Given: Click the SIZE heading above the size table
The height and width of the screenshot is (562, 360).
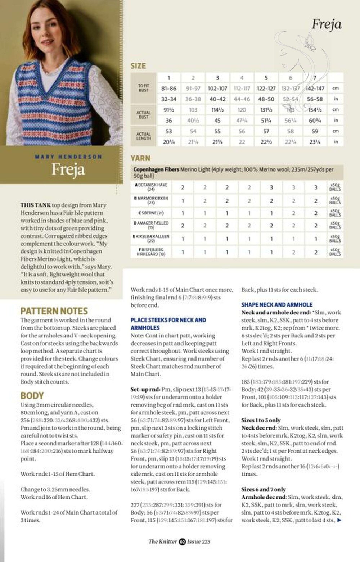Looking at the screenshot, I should point(138,66).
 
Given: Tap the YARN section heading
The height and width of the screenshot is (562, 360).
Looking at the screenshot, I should point(140,158).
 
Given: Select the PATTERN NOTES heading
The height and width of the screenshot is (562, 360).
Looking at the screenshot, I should point(54,311).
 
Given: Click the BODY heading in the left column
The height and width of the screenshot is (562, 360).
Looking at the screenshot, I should point(32,396).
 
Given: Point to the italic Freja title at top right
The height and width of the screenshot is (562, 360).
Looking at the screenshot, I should point(326,24).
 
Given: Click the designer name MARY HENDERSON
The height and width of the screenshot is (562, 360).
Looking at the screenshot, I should point(68,157).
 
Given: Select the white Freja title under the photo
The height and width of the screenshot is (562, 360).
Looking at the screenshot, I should point(68,169).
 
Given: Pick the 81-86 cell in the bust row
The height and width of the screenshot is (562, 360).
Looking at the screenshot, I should point(169,88).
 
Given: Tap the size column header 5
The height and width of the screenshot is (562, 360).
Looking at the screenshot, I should point(266,78).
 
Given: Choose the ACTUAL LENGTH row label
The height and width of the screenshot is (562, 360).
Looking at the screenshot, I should point(143,136).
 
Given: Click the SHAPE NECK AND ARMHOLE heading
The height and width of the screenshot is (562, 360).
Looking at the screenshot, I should point(277,304).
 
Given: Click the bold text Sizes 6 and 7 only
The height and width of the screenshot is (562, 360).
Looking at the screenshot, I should point(263,489).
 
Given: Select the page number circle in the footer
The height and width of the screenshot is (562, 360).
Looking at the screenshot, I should point(182,541).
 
